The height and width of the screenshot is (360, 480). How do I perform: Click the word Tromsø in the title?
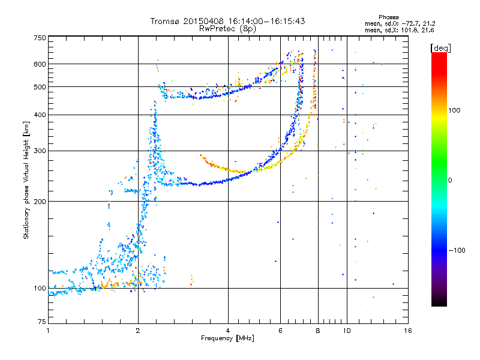[x=166, y=21]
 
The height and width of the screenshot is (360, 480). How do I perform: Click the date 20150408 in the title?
[x=203, y=21]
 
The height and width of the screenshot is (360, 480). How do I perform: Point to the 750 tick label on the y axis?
[x=40, y=38]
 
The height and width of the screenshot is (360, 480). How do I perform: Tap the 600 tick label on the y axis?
[x=40, y=64]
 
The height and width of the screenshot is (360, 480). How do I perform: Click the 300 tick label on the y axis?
[x=40, y=151]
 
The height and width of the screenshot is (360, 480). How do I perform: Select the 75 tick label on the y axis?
[x=42, y=322]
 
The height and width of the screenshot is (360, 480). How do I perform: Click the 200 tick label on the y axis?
[x=40, y=202]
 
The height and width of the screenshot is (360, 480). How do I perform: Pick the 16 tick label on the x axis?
[x=408, y=331]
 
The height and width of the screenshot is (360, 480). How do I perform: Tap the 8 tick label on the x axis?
[x=318, y=331]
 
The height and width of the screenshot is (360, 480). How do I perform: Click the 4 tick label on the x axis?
[x=228, y=331]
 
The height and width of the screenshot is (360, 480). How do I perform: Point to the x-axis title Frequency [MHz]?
[x=227, y=338]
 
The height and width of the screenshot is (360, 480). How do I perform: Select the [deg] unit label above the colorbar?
[x=440, y=48]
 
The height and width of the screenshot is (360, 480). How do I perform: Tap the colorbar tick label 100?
[x=454, y=110]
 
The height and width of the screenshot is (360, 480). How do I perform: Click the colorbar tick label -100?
[x=457, y=250]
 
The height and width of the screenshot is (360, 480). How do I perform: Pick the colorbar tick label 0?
[x=450, y=181]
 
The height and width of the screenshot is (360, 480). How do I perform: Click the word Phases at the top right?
[x=388, y=17]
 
